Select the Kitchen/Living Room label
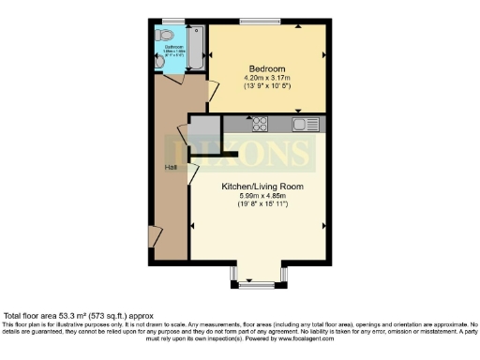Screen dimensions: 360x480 (x=262, y=187)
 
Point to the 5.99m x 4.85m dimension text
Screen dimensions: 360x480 (x=262, y=196)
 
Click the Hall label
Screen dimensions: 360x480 (x=171, y=167)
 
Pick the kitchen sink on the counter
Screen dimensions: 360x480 (x=301, y=124)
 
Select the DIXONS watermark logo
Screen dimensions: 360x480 (x=239, y=152)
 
